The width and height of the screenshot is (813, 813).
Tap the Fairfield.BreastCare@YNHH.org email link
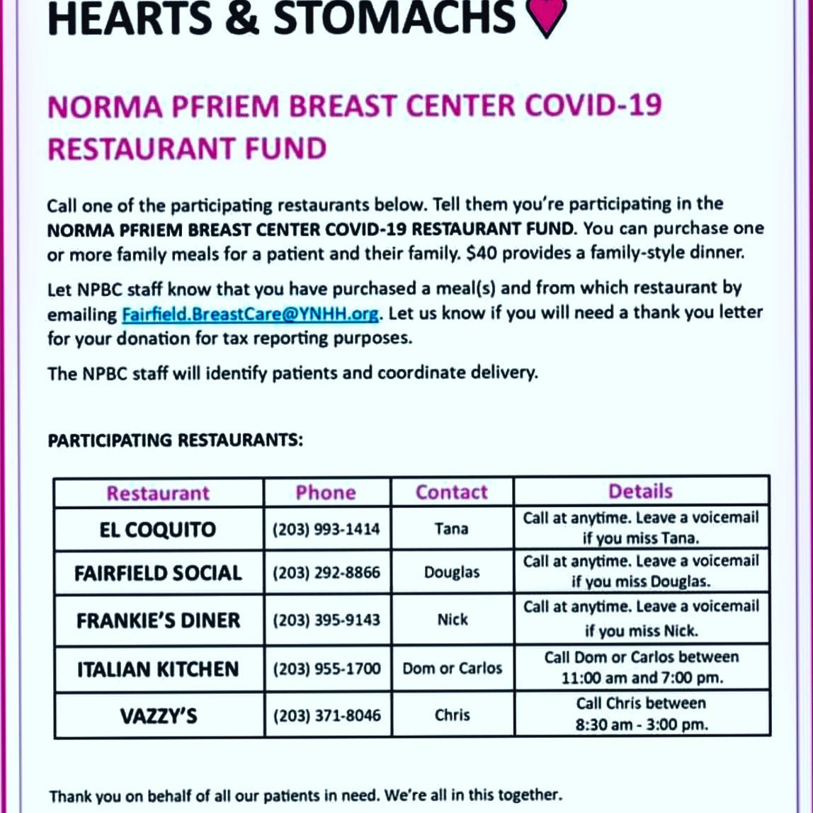[x=250, y=313]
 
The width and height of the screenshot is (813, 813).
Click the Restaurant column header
[x=158, y=493]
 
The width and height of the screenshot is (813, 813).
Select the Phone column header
[x=326, y=492]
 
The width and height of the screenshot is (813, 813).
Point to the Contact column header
[x=451, y=492]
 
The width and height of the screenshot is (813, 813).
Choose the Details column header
[x=640, y=491]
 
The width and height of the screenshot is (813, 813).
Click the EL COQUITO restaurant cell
[x=158, y=530]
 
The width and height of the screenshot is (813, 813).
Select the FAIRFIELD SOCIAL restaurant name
[x=158, y=573]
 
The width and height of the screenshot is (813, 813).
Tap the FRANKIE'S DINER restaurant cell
[x=158, y=620]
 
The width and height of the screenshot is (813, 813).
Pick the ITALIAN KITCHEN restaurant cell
[x=158, y=669]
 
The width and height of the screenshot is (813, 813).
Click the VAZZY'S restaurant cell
[x=158, y=715]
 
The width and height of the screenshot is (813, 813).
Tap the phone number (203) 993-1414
[x=326, y=529]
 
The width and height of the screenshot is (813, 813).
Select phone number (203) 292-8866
[x=326, y=572]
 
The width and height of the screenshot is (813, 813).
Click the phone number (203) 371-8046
[x=326, y=715]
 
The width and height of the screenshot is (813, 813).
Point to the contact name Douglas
[x=452, y=572]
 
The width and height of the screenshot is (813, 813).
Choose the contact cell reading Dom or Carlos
[x=452, y=668]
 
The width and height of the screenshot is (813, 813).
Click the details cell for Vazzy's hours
[x=641, y=714]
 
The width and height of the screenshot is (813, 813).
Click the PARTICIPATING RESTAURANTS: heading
[x=175, y=440]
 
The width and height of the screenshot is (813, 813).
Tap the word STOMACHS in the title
[x=394, y=18]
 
